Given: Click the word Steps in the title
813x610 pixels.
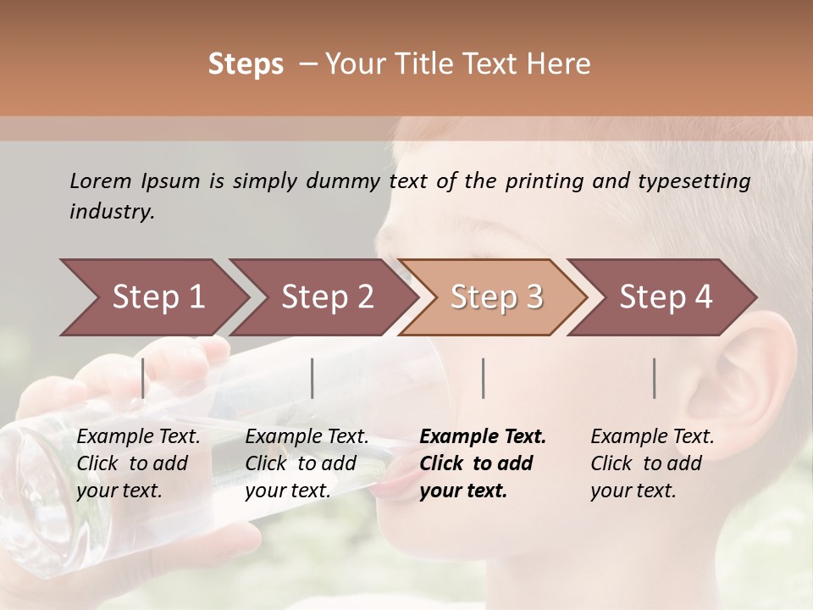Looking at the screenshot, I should tap(246, 64).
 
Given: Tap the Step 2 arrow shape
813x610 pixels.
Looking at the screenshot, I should tap(327, 297).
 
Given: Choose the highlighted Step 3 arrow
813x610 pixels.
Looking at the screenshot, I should tap(495, 297).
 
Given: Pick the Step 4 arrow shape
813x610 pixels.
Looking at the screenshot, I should tap(665, 297).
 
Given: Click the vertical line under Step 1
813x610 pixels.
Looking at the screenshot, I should tap(143, 378).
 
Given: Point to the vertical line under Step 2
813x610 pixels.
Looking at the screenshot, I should tap(312, 378).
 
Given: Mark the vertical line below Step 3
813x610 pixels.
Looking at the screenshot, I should tap(483, 378).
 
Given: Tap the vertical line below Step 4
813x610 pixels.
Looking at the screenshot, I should tap(654, 378).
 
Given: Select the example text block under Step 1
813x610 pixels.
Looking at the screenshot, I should tap(138, 463).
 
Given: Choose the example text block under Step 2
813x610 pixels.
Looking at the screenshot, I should tap(307, 463).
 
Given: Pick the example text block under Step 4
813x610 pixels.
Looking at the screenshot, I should tap(652, 463).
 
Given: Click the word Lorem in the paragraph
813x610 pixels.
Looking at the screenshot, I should tap(101, 181).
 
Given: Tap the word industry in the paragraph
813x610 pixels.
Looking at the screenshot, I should tap(112, 212).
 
